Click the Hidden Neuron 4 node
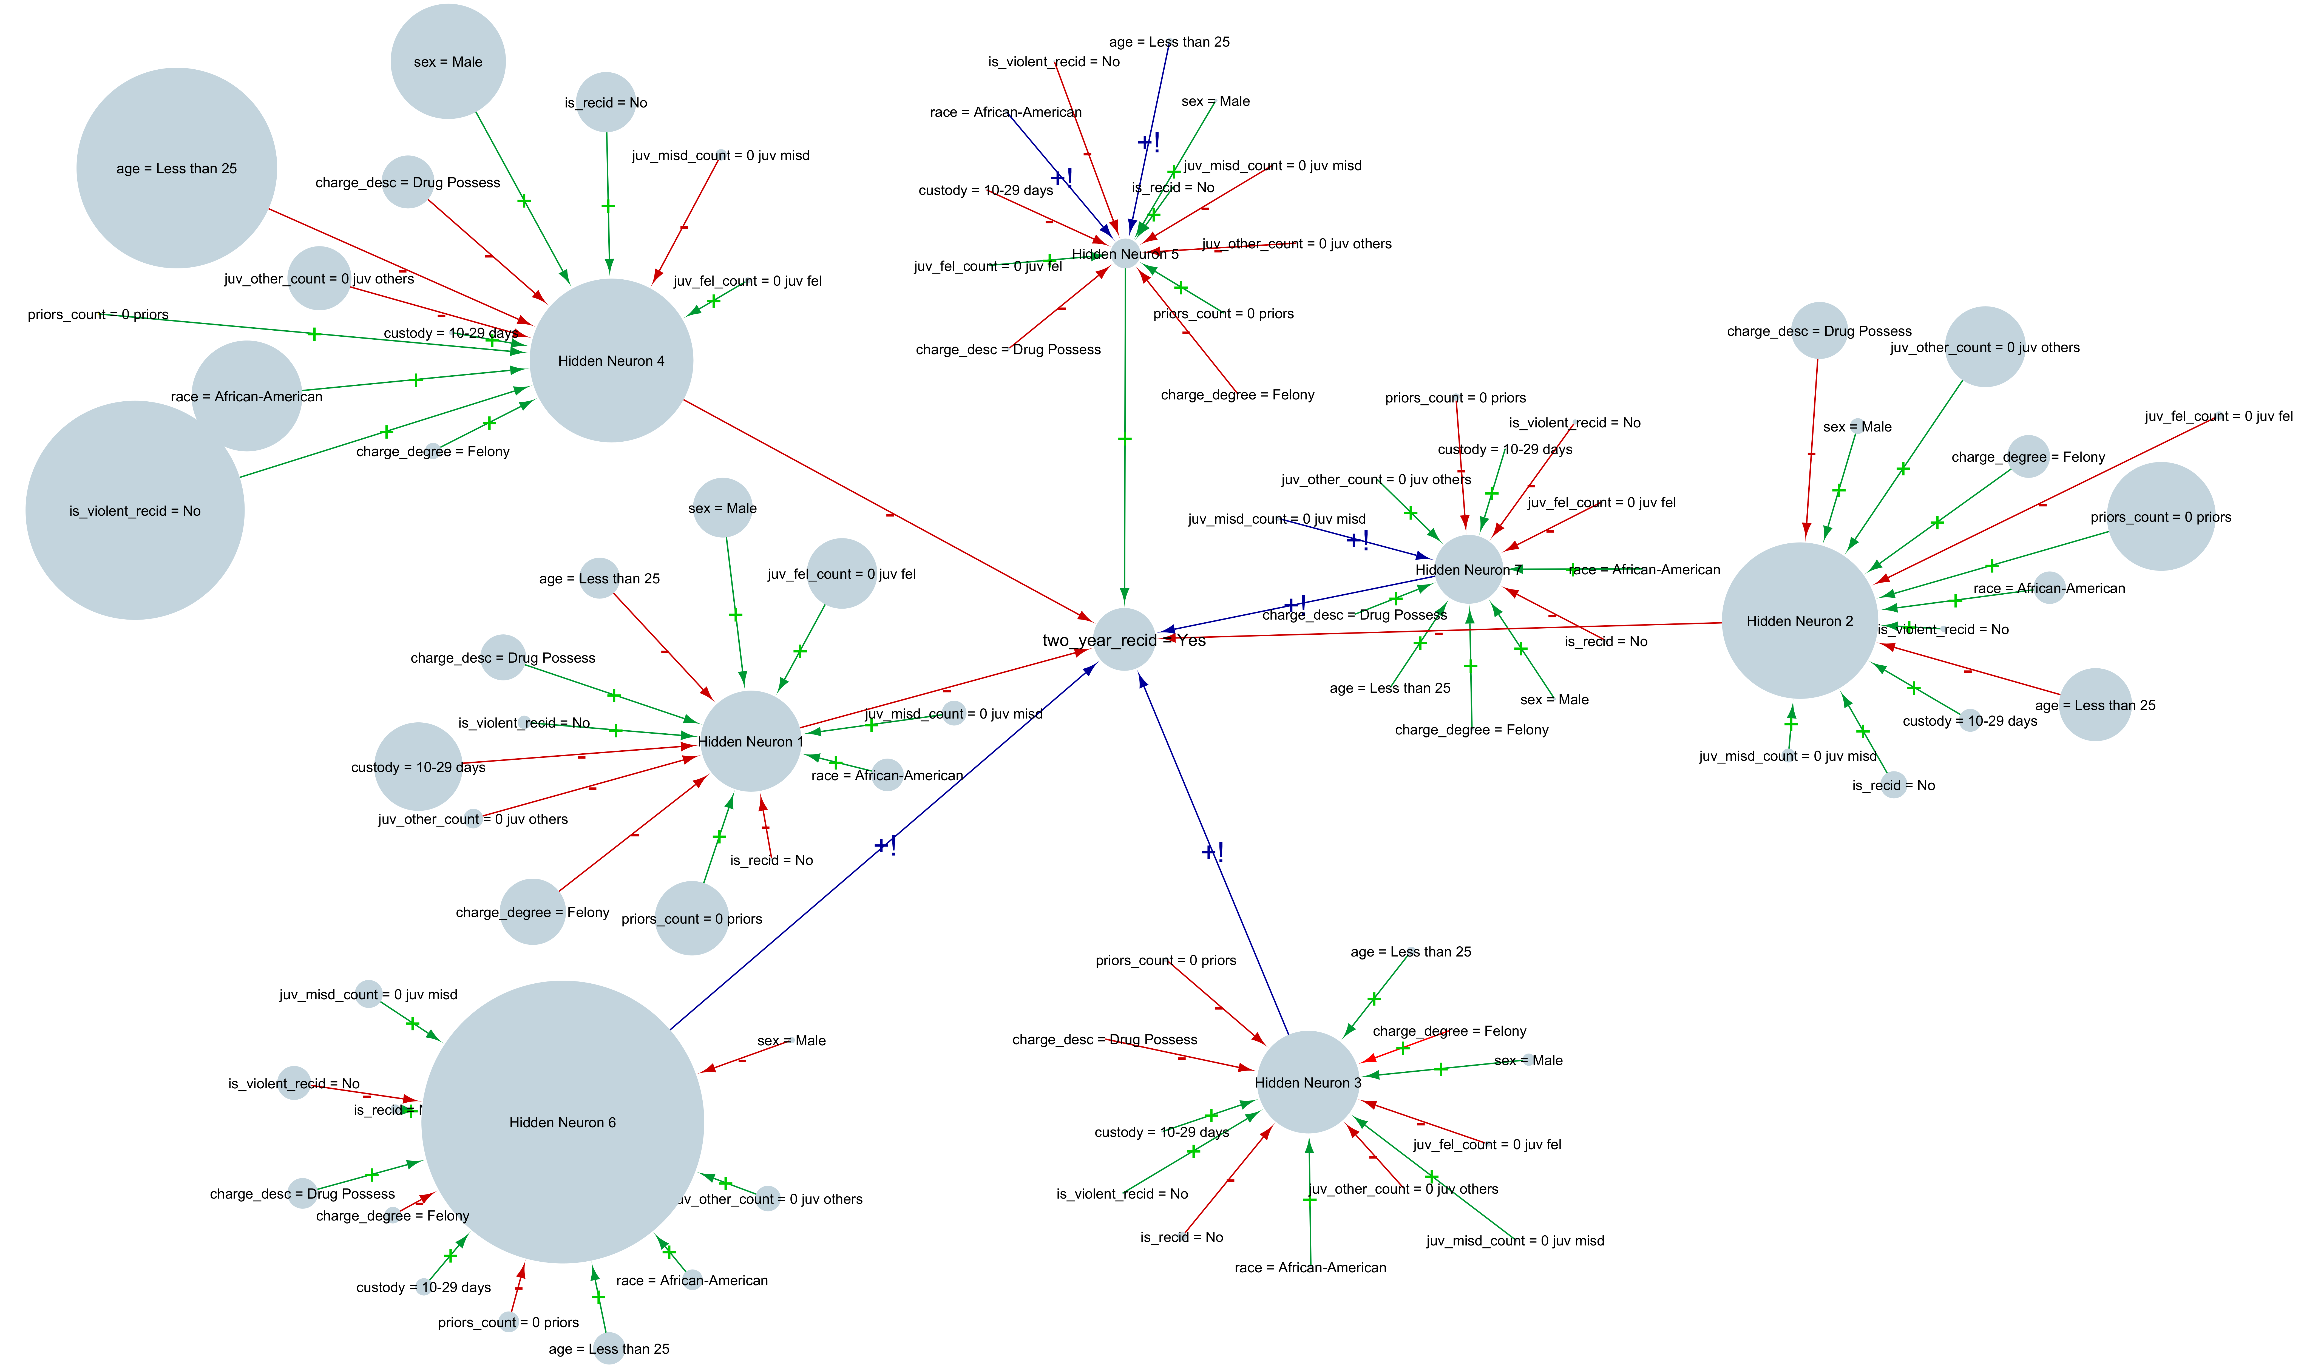pos(611,361)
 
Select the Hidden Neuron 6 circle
pos(562,1122)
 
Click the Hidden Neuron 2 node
pos(1799,620)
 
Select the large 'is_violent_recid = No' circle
pos(135,510)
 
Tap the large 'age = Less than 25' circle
pos(176,168)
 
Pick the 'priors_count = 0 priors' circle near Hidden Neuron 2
pos(2161,516)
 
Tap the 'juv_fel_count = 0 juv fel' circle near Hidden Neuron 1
pos(841,573)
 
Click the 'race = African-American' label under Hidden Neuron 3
pos(1310,1267)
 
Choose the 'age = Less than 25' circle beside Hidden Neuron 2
pos(2095,704)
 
